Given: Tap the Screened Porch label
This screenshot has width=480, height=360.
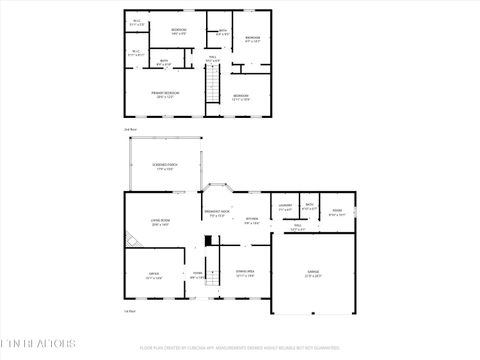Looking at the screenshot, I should click(x=165, y=167).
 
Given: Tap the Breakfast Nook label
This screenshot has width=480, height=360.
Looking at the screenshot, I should click(x=217, y=213).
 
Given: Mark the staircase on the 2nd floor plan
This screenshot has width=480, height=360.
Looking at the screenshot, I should click(x=212, y=89).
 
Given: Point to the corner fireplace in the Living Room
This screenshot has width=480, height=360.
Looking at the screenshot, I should click(x=133, y=240).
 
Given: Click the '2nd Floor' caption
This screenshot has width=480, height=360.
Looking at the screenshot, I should click(x=129, y=129).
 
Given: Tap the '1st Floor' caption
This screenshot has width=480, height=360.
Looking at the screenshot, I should click(x=129, y=311).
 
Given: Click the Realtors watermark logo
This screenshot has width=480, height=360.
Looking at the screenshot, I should click(x=37, y=342).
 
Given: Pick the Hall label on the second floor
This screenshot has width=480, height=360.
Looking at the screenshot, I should click(x=212, y=60).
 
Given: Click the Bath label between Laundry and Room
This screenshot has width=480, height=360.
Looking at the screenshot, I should click(x=310, y=206).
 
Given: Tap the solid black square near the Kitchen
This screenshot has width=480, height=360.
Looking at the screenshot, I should click(x=206, y=241).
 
